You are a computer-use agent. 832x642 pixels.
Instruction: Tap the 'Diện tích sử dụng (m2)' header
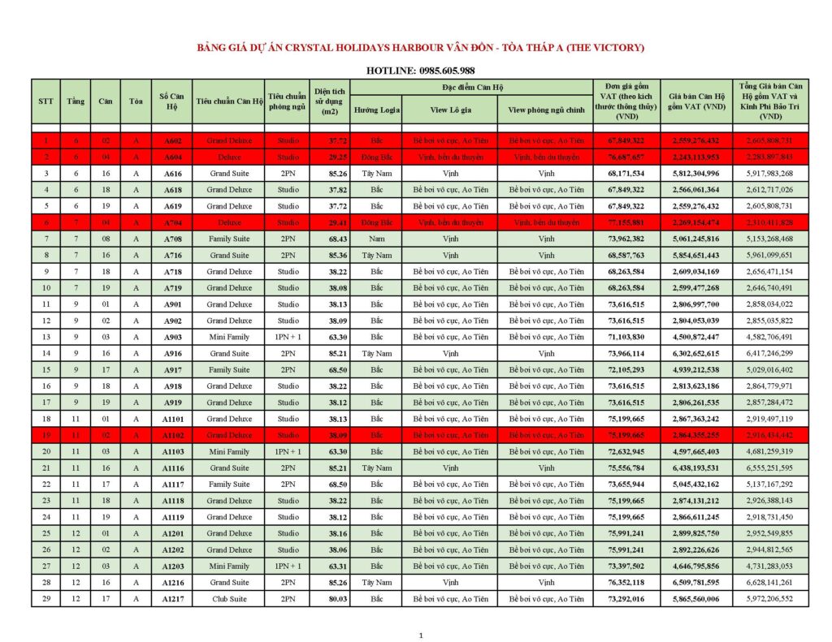pyautogui.click(x=329, y=101)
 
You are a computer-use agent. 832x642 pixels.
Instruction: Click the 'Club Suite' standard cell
pyautogui.click(x=229, y=598)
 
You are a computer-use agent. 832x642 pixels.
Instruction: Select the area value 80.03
pyautogui.click(x=329, y=598)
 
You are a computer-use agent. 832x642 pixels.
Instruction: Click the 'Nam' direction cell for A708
pyautogui.click(x=376, y=239)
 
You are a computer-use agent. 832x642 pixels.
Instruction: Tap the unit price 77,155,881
pyautogui.click(x=626, y=222)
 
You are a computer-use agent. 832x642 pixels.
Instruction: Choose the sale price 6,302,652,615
pyautogui.click(x=695, y=353)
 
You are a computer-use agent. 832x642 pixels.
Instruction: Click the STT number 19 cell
pyautogui.click(x=46, y=435)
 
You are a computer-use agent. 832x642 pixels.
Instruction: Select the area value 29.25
pyautogui.click(x=329, y=157)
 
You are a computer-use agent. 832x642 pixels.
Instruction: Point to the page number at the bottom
pyautogui.click(x=420, y=636)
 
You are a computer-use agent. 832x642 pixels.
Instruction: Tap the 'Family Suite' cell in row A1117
pyautogui.click(x=229, y=484)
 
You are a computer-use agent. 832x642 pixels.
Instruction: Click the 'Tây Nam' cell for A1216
pyautogui.click(x=376, y=582)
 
